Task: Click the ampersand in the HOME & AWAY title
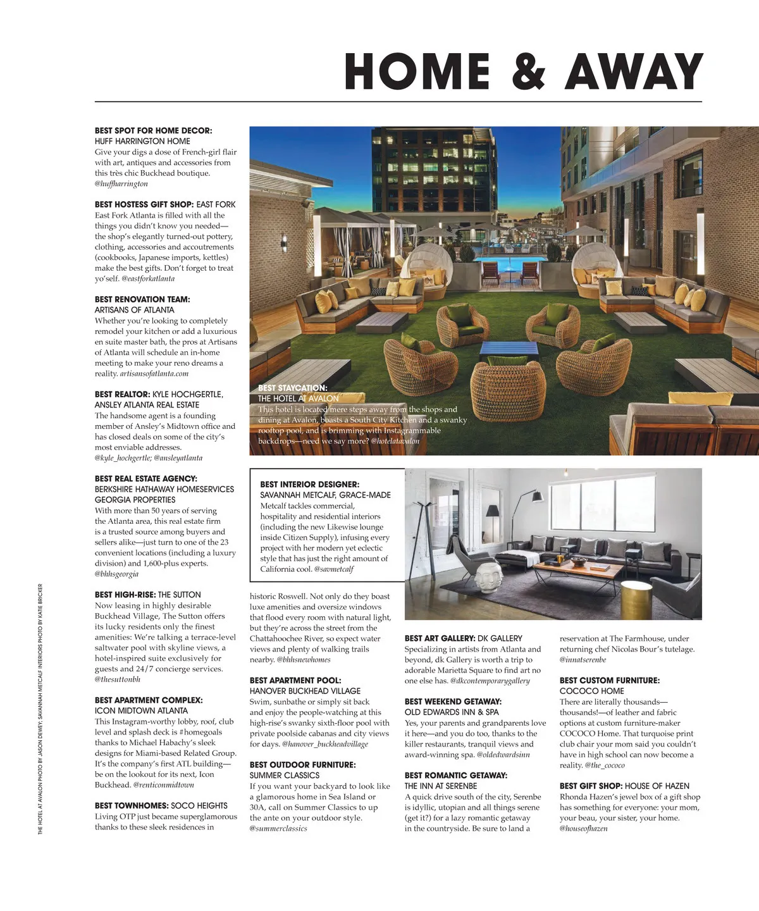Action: (529, 71)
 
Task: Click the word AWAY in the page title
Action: (634, 71)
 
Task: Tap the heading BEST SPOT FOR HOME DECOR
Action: (154, 130)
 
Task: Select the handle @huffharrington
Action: (121, 183)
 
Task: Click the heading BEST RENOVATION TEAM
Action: (142, 299)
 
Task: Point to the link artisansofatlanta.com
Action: (154, 373)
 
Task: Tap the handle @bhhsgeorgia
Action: (116, 574)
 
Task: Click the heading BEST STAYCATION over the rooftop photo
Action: (292, 388)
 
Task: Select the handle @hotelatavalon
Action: (395, 441)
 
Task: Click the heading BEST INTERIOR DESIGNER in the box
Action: (309, 484)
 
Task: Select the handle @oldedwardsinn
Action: (503, 755)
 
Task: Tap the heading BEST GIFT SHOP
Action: (591, 786)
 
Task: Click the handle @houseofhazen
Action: (583, 828)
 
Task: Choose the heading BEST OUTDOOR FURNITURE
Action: (302, 765)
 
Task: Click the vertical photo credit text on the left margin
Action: (40, 709)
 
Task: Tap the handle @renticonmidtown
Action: (164, 784)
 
